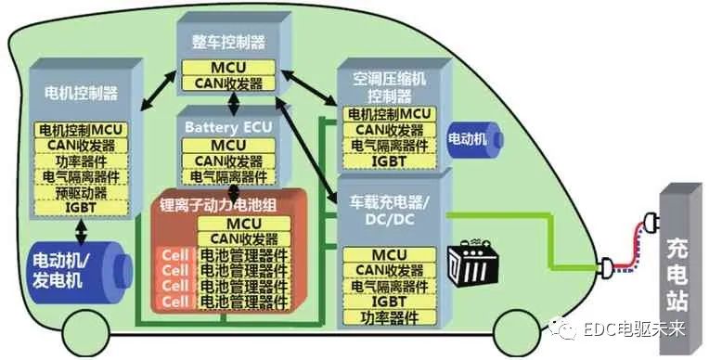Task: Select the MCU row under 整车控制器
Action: point(227,68)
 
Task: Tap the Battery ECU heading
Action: point(227,126)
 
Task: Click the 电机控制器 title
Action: point(81,93)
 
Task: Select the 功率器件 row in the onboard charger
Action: point(390,317)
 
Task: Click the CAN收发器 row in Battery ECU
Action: point(227,161)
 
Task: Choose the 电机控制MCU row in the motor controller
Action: point(80,129)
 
